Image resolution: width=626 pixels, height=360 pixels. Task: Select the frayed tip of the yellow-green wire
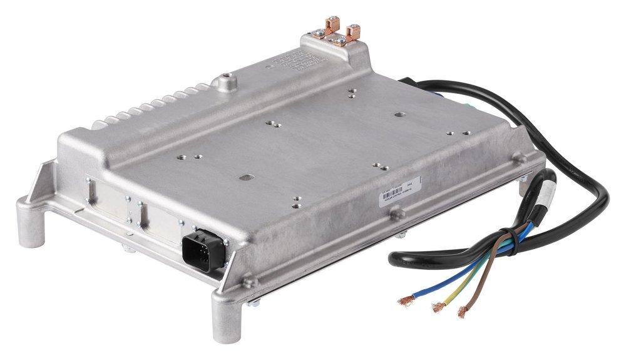pyautogui.click(x=436, y=307)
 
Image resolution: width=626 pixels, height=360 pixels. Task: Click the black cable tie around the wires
pyautogui.click(x=513, y=236)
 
